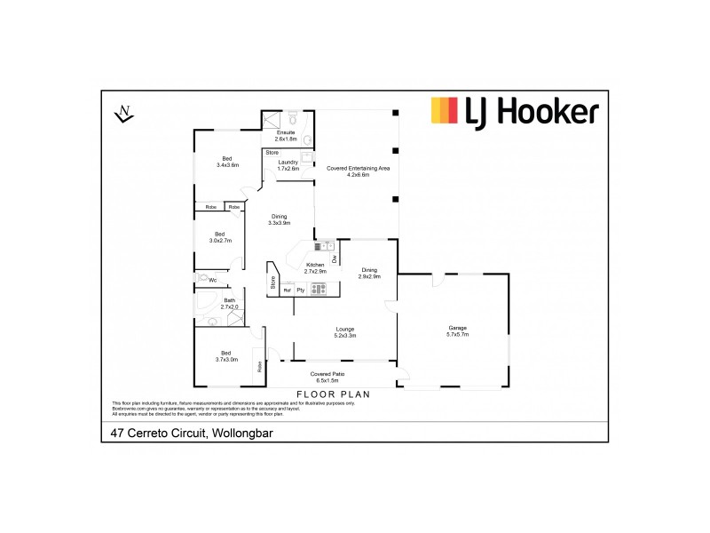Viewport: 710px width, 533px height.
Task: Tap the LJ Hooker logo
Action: pyautogui.click(x=515, y=111)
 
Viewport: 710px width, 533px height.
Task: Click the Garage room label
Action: pyautogui.click(x=458, y=331)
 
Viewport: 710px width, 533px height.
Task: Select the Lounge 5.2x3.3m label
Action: pyautogui.click(x=345, y=332)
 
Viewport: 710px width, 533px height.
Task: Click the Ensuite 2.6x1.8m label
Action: pyautogui.click(x=286, y=136)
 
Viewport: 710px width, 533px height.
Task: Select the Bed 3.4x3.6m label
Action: pyautogui.click(x=227, y=162)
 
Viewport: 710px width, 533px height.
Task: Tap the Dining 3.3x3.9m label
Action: pyautogui.click(x=280, y=219)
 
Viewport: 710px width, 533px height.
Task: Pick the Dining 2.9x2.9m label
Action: pyautogui.click(x=369, y=273)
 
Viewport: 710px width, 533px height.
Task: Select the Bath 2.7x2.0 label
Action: pyautogui.click(x=230, y=303)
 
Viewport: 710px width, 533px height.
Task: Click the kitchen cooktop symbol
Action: pyautogui.click(x=319, y=288)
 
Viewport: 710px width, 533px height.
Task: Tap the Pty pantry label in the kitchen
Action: pyautogui.click(x=301, y=290)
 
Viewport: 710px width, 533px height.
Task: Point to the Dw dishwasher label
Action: pyautogui.click(x=335, y=259)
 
